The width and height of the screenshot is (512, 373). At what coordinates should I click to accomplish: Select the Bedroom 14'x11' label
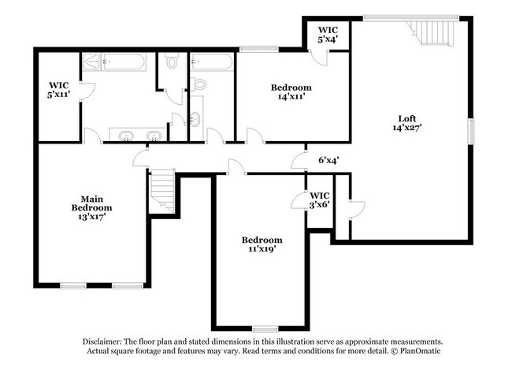point(291,92)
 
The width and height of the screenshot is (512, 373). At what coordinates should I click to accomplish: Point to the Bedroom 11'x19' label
point(262,244)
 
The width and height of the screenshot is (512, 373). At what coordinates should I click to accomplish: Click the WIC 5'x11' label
point(60,89)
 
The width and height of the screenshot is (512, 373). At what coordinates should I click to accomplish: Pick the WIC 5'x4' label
point(328,34)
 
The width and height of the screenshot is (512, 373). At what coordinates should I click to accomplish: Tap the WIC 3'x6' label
point(319,200)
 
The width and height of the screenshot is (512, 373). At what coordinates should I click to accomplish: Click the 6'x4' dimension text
point(328,160)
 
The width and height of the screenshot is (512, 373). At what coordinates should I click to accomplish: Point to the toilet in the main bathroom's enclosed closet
point(173,63)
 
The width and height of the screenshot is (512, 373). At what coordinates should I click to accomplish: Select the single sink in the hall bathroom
point(195,121)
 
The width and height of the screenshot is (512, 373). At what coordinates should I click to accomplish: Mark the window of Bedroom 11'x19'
point(265,327)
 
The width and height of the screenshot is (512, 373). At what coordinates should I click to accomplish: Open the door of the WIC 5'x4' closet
point(318,58)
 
